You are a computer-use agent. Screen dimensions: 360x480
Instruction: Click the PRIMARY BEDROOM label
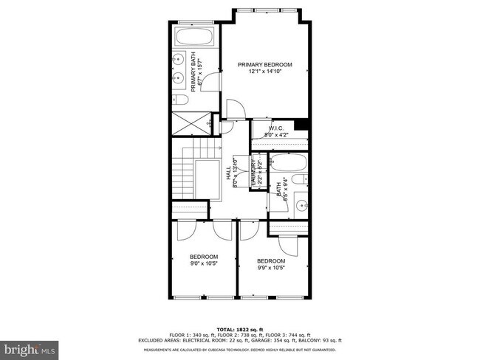(264, 65)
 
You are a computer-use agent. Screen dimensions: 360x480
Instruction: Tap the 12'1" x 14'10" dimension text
(264, 72)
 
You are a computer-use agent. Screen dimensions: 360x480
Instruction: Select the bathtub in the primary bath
(195, 38)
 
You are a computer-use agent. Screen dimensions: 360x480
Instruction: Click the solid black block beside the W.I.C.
(300, 125)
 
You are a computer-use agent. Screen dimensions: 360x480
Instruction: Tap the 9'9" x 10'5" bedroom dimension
(271, 268)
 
